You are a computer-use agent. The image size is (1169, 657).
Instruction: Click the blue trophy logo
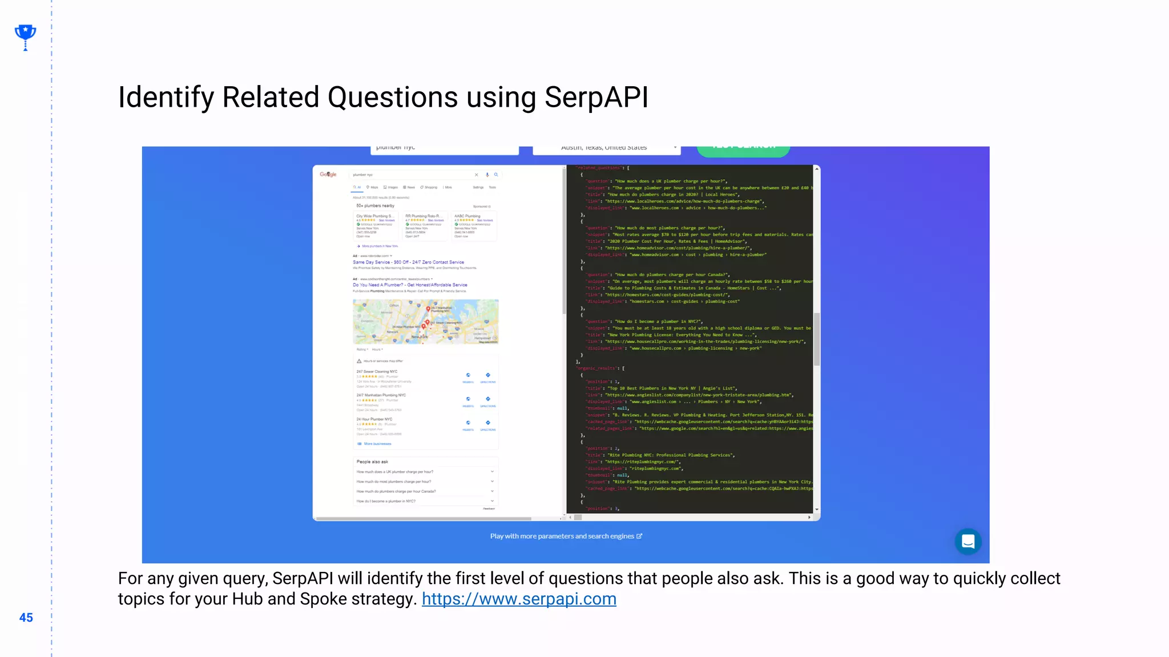(25, 36)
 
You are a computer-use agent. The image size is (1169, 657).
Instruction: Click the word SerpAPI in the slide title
(596, 97)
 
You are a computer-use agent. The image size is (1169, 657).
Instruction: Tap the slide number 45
(26, 618)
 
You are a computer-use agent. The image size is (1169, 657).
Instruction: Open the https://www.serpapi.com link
(518, 599)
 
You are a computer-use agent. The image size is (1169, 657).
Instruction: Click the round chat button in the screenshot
(968, 541)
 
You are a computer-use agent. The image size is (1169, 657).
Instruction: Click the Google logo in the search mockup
(328, 175)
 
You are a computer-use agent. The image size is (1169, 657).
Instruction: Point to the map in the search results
(425, 321)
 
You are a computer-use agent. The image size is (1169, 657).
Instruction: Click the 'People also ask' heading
(372, 462)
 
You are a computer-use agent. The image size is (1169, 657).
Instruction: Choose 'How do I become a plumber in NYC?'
(386, 501)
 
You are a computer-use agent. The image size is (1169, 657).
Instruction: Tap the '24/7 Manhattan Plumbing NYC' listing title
(381, 395)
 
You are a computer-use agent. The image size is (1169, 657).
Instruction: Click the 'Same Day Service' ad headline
(408, 262)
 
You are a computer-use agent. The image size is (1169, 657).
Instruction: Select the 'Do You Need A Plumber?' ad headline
(409, 285)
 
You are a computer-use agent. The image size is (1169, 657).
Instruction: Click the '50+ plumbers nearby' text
(375, 206)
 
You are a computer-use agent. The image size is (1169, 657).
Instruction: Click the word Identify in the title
(166, 97)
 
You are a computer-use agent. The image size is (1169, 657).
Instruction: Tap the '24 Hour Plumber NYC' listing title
(374, 419)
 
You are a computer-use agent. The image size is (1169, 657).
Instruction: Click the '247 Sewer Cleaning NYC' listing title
(377, 371)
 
